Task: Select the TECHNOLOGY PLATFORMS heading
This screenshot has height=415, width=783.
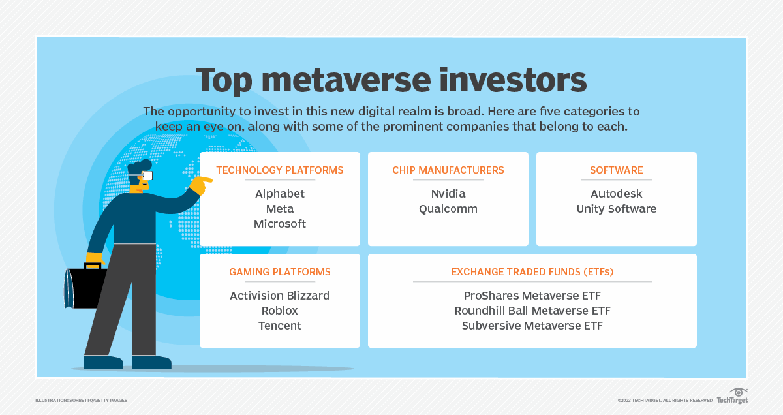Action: (279, 170)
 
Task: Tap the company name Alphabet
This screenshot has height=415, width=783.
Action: (279, 194)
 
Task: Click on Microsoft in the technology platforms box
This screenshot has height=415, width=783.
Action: (279, 224)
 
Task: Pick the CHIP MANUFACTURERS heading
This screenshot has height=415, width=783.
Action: (448, 170)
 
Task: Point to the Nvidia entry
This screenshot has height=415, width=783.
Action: (448, 194)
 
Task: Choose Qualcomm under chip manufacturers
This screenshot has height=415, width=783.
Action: (448, 209)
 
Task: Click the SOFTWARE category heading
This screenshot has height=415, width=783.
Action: (616, 170)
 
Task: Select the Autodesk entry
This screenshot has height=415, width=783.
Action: (616, 194)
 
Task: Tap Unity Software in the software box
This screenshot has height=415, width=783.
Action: (616, 209)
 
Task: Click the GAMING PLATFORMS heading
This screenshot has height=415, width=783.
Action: (279, 272)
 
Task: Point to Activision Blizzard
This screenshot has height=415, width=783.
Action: (279, 296)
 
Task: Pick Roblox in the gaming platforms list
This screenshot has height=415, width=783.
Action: (279, 311)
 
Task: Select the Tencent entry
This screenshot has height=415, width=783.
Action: (279, 326)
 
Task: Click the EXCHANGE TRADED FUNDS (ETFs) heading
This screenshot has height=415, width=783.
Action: (532, 272)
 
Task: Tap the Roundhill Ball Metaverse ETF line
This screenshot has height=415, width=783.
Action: (532, 311)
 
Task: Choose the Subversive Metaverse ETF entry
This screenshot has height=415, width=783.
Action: (532, 326)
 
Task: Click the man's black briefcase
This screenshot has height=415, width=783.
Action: (85, 287)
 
